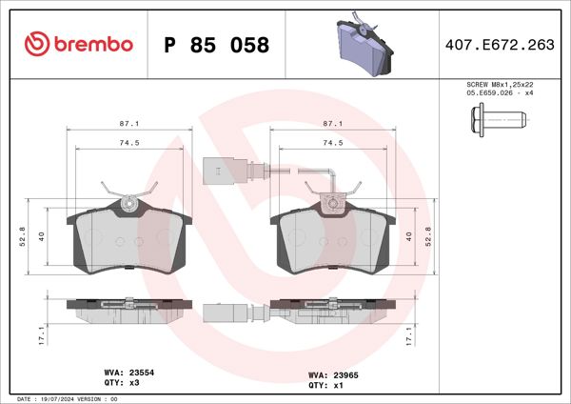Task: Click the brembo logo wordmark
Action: (78, 44)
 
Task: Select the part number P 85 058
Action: (217, 45)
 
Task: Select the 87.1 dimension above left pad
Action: (131, 124)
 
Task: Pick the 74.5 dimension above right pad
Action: (333, 142)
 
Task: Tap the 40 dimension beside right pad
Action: (409, 235)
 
